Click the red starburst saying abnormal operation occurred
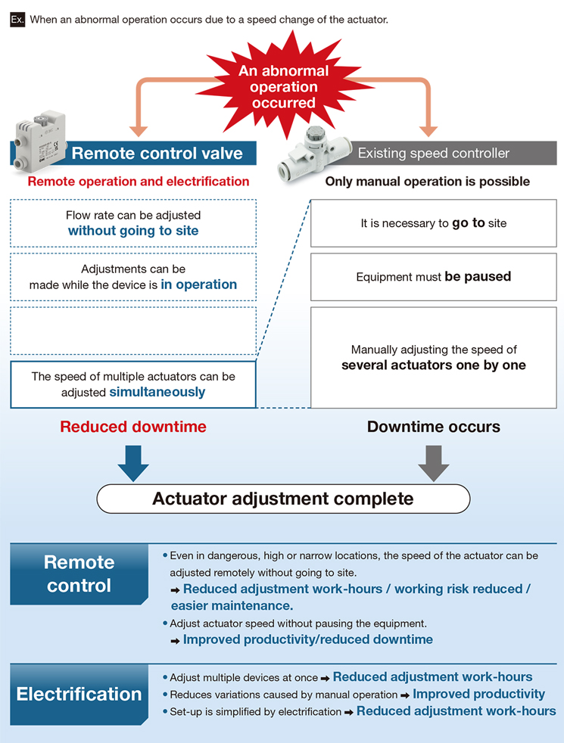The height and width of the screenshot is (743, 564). (283, 86)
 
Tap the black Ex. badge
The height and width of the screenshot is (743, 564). (17, 20)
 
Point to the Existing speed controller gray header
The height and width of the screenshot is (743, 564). (433, 153)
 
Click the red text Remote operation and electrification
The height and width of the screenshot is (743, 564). (139, 182)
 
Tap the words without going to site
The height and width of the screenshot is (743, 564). (133, 231)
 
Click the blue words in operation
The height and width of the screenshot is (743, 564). (198, 284)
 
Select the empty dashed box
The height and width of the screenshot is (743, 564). (133, 331)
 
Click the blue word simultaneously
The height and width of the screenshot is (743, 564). (157, 392)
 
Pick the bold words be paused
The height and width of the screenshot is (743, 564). (478, 276)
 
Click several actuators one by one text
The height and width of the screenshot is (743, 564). (434, 365)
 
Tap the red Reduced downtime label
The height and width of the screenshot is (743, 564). (133, 427)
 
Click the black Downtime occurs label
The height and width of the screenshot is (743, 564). (434, 427)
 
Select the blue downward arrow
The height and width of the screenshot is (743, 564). (133, 463)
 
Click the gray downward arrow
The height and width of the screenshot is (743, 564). (434, 463)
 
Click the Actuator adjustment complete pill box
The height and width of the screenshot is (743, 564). (283, 499)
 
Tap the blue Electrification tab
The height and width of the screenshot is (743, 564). (79, 694)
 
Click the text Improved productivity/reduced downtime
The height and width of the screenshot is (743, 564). (308, 639)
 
